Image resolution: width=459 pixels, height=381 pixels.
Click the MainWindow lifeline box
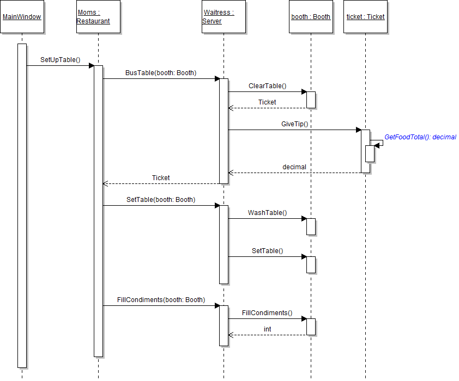[x=22, y=17]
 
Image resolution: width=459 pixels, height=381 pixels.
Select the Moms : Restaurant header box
[x=98, y=17]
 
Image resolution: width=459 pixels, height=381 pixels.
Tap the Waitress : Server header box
[x=224, y=17]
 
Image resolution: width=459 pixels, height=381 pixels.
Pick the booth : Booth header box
[x=311, y=17]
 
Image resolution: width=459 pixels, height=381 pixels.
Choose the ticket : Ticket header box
[x=365, y=17]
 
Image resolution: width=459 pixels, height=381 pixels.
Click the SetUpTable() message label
[x=60, y=60]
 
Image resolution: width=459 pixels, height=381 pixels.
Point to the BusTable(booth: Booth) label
[x=161, y=73]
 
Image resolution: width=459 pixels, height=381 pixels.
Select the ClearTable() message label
[x=267, y=86]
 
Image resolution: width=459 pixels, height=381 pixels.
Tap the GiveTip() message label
[x=294, y=124]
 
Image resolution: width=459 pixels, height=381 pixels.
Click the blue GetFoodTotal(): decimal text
[x=420, y=137]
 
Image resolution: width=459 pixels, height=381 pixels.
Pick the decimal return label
[x=294, y=167]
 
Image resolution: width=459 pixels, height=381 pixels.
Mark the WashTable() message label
[x=267, y=213]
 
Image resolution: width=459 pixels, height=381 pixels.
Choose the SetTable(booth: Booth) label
[x=161, y=200]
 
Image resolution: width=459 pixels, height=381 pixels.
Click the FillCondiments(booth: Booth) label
[x=161, y=300]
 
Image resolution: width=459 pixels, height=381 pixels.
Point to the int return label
[x=267, y=329]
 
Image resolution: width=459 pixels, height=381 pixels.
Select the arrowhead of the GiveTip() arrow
[x=358, y=130]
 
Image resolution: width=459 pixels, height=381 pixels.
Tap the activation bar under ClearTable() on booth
[x=311, y=100]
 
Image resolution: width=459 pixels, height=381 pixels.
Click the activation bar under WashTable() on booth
[x=311, y=226]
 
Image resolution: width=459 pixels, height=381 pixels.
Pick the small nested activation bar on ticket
[x=370, y=153]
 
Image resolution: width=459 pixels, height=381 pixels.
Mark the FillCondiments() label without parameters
[x=267, y=313]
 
